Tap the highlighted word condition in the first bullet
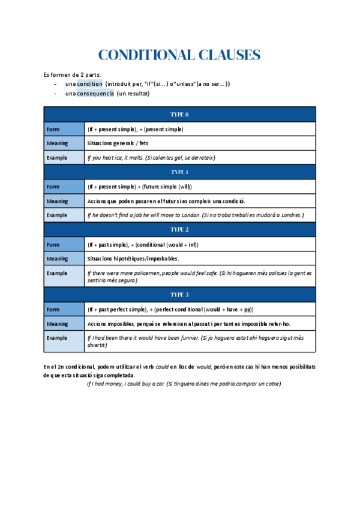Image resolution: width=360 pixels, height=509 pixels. click(90, 84)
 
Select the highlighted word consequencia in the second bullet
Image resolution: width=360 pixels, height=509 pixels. click(95, 94)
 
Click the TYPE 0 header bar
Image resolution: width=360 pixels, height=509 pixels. click(179, 114)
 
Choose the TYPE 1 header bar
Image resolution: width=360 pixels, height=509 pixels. click(179, 172)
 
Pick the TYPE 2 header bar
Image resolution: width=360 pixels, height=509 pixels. click(179, 229)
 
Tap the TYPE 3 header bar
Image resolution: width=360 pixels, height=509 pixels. click(179, 295)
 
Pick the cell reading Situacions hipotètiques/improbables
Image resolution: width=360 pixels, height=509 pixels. click(133, 259)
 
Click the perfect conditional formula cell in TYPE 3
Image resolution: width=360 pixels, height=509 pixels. click(170, 309)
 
